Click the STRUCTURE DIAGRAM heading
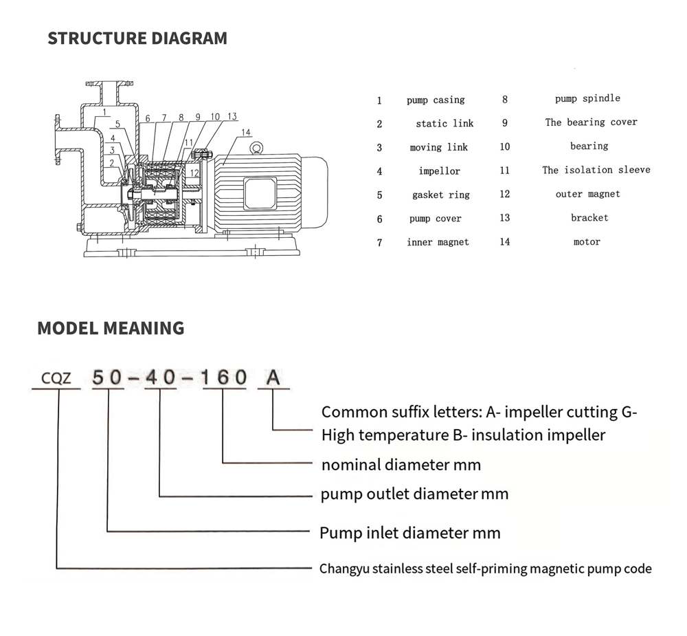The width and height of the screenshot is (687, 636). pos(137,39)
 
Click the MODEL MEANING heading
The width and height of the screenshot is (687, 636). pos(111,328)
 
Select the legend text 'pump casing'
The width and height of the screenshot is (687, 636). pos(436,100)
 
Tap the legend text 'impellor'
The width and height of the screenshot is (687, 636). pos(439,171)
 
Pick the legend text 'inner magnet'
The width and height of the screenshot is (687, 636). pos(438,242)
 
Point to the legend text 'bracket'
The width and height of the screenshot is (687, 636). pos(589,218)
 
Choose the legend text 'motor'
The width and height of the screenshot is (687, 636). pos(587,242)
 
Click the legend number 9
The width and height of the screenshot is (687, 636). pos(505,123)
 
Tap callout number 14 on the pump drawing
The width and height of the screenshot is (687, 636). pos(246,133)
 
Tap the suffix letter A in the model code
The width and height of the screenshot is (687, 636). pos(273,377)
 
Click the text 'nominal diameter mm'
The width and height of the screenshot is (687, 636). pos(401,465)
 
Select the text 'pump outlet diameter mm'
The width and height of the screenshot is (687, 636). pos(415,494)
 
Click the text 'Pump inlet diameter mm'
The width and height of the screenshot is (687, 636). pos(410,533)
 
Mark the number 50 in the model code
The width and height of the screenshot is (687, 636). pos(108,377)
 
